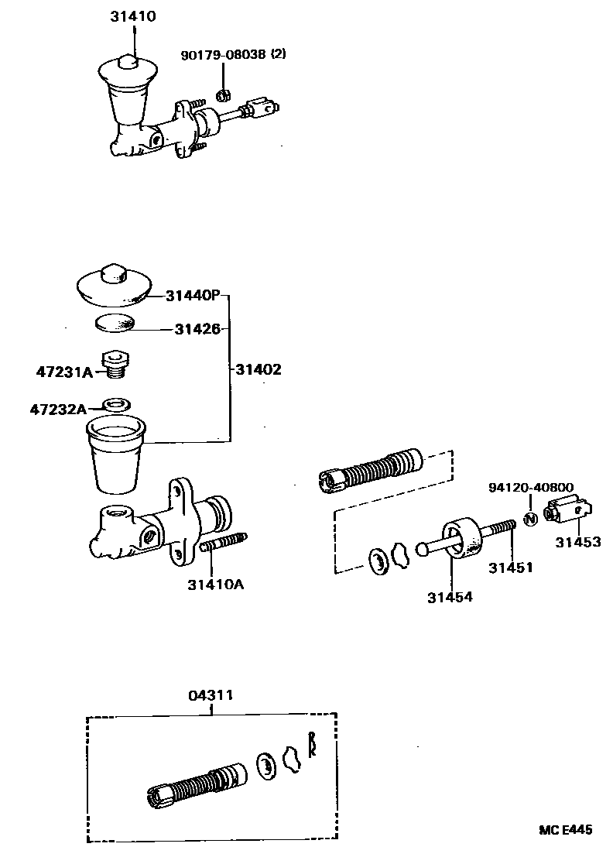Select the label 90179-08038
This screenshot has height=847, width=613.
tap(224, 55)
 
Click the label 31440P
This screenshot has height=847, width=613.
tap(193, 295)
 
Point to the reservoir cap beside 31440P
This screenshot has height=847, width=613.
tap(114, 283)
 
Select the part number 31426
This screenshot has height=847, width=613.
tap(197, 329)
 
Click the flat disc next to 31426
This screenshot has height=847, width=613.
tap(115, 321)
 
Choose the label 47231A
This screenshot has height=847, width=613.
tap(64, 372)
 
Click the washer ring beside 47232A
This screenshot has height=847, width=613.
tap(116, 404)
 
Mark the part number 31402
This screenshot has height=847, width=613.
tap(259, 370)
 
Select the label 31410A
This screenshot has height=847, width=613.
tap(214, 585)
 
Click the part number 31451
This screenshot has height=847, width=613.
tap(510, 568)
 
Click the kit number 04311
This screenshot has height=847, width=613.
tap(210, 695)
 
